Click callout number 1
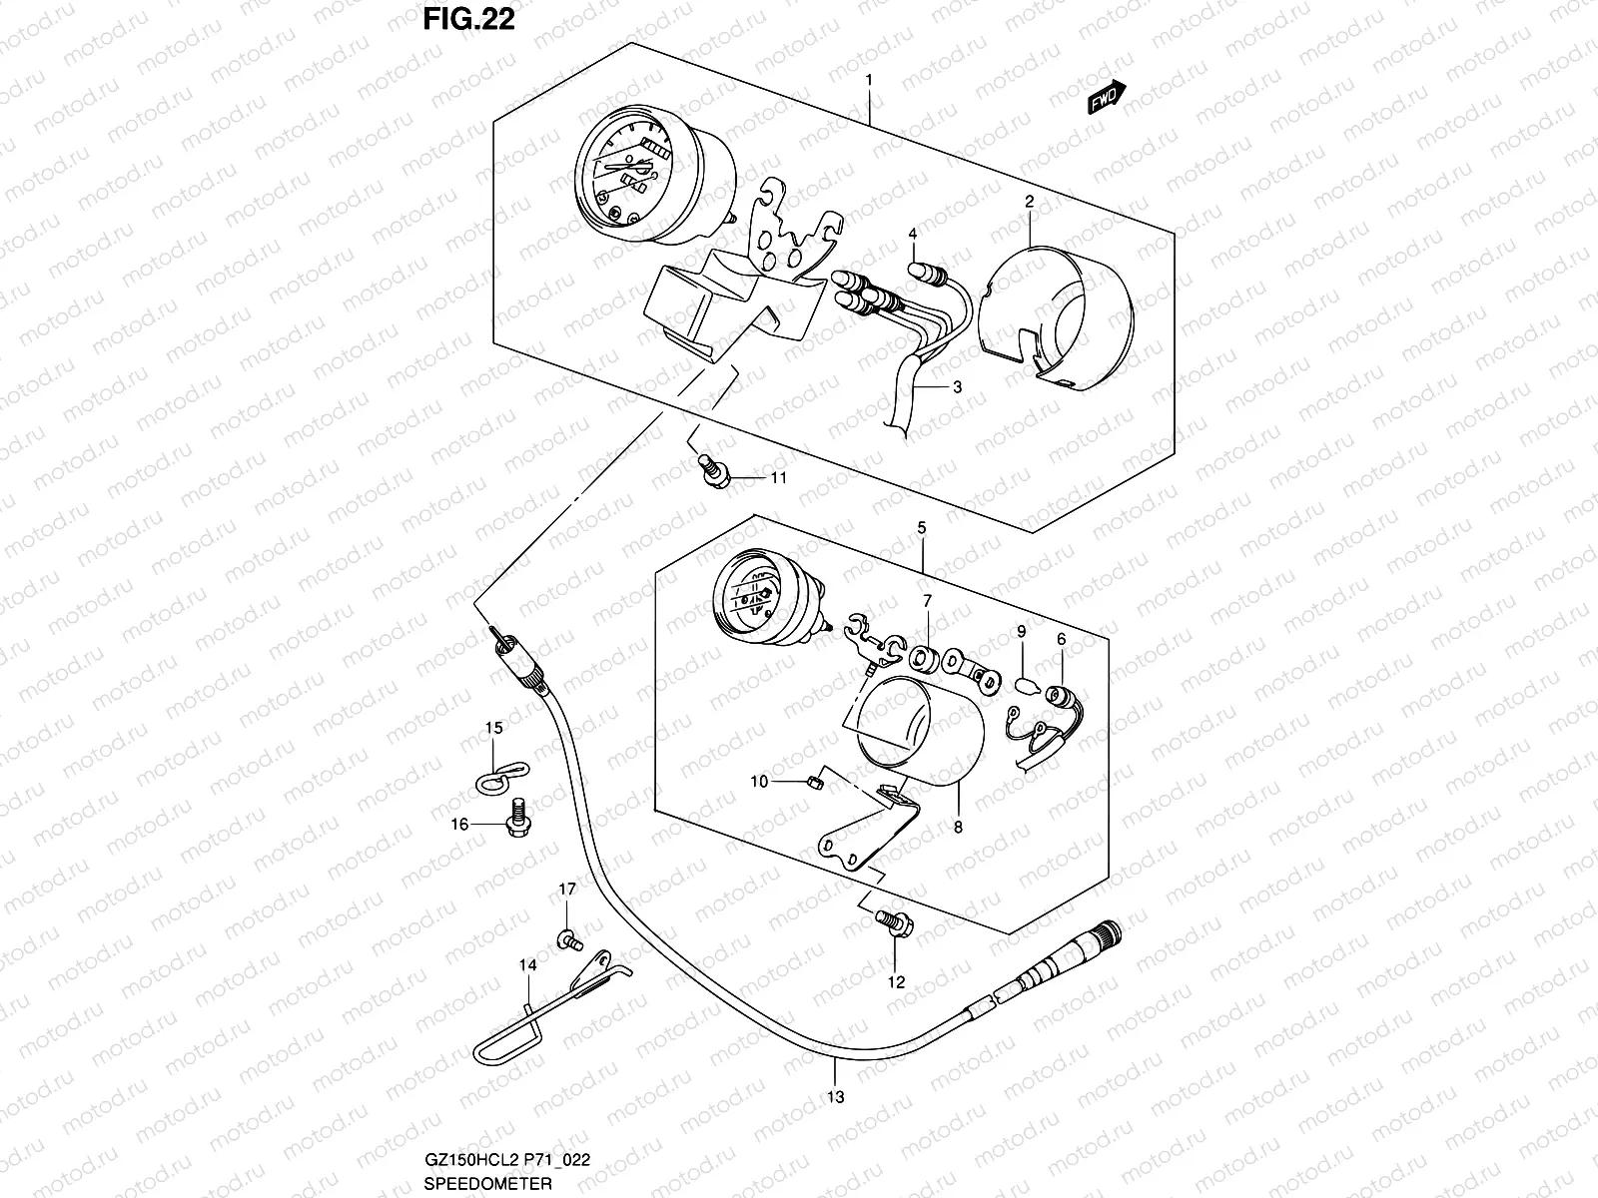870,79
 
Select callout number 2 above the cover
1029,202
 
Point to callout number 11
778,478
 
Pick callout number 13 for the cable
836,1097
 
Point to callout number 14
527,965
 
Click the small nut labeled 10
813,783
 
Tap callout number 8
958,828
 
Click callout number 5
922,526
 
